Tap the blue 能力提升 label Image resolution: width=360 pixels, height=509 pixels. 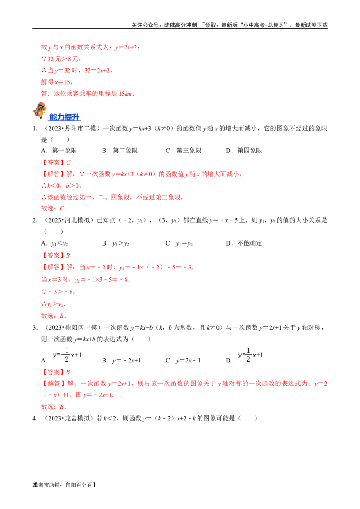[x=65, y=117]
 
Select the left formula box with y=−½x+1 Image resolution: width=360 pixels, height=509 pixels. [x=67, y=355]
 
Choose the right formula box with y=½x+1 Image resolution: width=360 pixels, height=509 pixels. [x=250, y=355]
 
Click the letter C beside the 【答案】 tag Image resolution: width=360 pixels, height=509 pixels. [x=69, y=162]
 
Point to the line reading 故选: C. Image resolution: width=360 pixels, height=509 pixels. [x=54, y=208]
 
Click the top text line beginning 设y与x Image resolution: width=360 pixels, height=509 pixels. [x=90, y=47]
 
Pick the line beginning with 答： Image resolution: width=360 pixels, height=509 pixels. [x=88, y=94]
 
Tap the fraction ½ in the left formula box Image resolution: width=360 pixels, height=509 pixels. [x=66, y=355]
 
